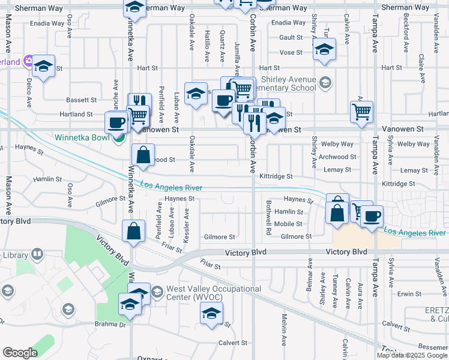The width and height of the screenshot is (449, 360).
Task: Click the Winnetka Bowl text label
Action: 82,137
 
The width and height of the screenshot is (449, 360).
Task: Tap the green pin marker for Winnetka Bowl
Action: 119,137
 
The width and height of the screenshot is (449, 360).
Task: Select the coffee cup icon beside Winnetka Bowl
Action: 116,122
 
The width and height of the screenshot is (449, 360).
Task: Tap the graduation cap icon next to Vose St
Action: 324,50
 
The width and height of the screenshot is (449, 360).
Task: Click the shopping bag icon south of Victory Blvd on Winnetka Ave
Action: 133,230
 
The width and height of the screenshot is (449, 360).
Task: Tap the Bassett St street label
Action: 81,100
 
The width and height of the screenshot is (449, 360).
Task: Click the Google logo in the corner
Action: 20,353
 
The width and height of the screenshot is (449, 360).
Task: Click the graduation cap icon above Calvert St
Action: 211,313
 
